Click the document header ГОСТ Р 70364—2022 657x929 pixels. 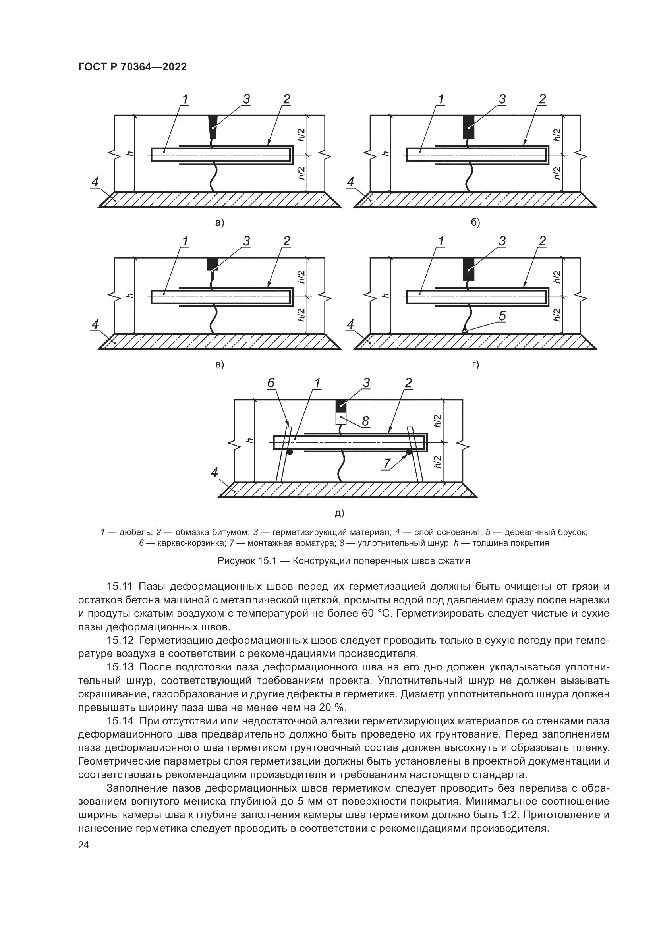pos(132,67)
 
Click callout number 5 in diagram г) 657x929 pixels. pos(502,316)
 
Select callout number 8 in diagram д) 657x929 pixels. pos(365,421)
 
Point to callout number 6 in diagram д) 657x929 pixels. pos(271,383)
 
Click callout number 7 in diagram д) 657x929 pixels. pos(387,464)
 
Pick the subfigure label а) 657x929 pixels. pos(219,222)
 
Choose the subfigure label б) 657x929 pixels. pos(475,222)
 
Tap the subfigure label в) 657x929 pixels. pos(219,364)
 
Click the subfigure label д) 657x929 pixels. pos(339,513)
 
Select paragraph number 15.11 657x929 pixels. pos(120,586)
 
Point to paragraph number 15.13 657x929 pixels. pos(120,667)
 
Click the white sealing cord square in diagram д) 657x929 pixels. pos(341,417)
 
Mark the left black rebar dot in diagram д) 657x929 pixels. pos(290,452)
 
